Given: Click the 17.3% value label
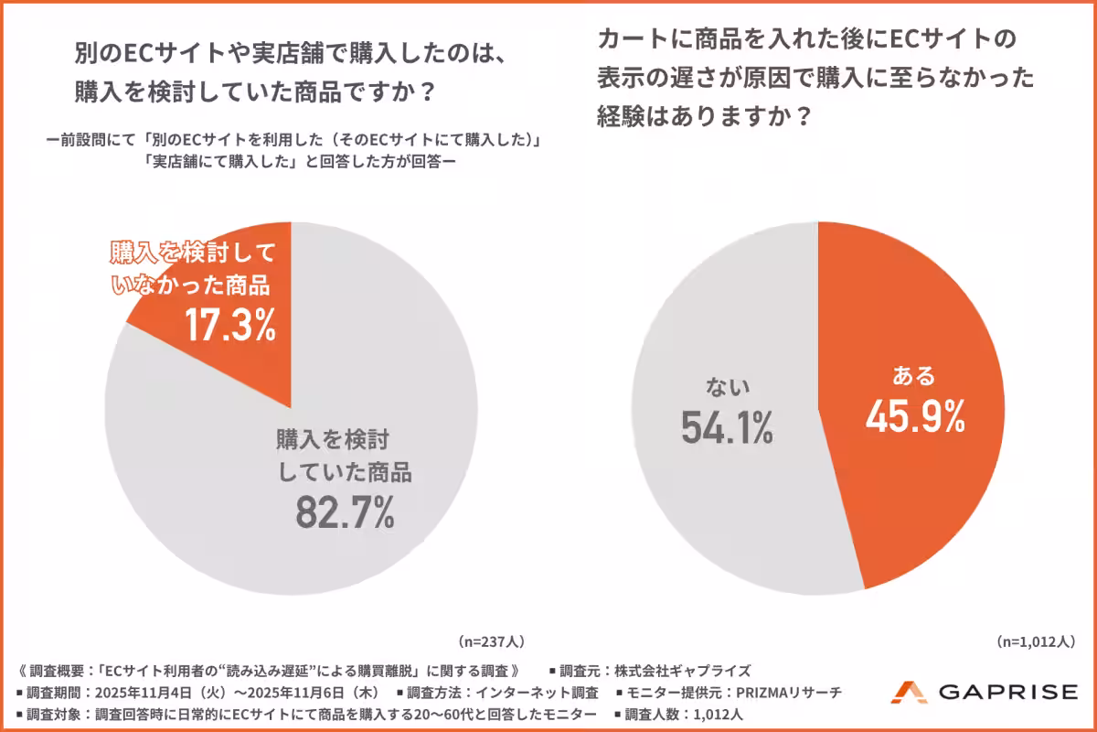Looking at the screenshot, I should pos(229,325).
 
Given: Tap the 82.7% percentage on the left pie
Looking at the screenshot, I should pos(345,512).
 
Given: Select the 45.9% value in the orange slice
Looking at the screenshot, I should pos(915,417).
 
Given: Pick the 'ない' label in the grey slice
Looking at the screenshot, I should pos(727,387).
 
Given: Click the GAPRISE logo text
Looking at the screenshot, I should pos(1008,693).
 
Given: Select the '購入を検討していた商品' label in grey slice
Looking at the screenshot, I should pos(344,457).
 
